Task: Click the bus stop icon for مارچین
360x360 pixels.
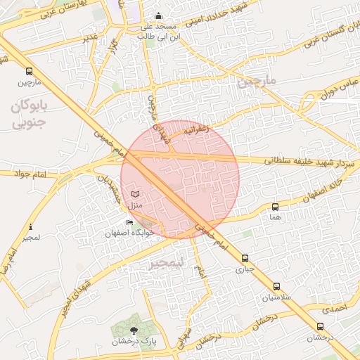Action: point(29,72)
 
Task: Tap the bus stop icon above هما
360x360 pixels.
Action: point(275,207)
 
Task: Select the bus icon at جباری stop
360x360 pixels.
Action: point(245,258)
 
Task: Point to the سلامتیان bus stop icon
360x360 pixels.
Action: point(276,287)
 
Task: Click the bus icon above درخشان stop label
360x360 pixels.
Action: point(321,327)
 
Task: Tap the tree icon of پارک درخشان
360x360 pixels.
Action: point(134,328)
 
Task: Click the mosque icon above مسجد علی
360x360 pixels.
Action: point(158,16)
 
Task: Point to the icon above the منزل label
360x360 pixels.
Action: point(136,193)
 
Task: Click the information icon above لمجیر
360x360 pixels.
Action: point(30,227)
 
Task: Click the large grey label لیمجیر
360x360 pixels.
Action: point(166,264)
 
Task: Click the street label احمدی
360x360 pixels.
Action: point(335,308)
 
